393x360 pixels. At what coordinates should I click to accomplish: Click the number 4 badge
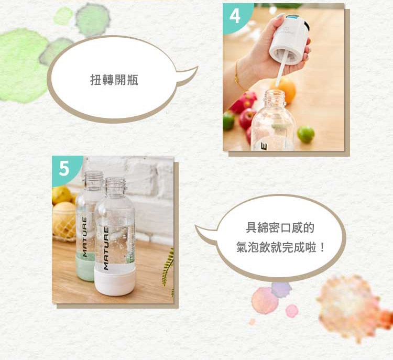click(x=234, y=16)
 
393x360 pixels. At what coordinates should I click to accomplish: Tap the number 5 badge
click(x=64, y=169)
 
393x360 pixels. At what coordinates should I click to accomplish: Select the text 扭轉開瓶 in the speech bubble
click(x=114, y=80)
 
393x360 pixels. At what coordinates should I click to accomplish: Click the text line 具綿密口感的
click(x=280, y=228)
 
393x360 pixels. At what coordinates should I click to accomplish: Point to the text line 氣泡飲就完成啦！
click(x=280, y=247)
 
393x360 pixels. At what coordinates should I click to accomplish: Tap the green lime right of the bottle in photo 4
click(x=305, y=134)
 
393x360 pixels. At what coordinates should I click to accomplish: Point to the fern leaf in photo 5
click(x=168, y=267)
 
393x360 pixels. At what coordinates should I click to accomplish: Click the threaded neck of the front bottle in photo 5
click(x=115, y=186)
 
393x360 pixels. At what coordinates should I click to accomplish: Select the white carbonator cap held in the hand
click(x=288, y=39)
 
